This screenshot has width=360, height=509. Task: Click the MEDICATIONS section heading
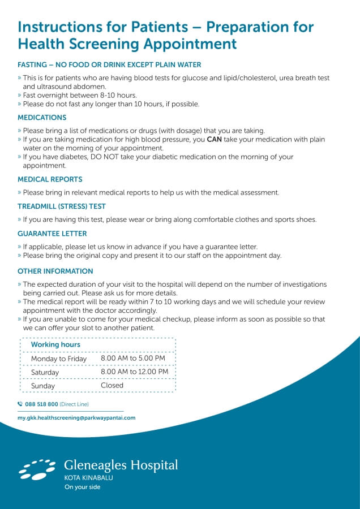[42, 118]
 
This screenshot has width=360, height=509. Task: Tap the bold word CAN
[214, 139]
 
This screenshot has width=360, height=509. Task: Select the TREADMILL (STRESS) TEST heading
[62, 206]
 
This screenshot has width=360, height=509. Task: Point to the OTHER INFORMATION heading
[55, 271]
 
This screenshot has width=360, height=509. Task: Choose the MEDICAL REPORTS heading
[50, 179]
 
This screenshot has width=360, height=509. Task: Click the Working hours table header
[55, 344]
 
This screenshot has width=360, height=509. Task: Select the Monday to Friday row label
[59, 359]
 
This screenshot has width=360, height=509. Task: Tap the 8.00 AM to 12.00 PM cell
[134, 372]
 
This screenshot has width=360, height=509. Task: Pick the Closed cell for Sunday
[112, 385]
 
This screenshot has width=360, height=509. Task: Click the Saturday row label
[45, 373]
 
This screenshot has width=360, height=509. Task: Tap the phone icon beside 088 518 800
[20, 404]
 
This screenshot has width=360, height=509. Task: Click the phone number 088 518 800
[41, 404]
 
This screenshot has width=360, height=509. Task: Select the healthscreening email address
[76, 418]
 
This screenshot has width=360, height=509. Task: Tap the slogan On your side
[82, 487]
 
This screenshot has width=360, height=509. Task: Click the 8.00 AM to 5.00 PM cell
[133, 358]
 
